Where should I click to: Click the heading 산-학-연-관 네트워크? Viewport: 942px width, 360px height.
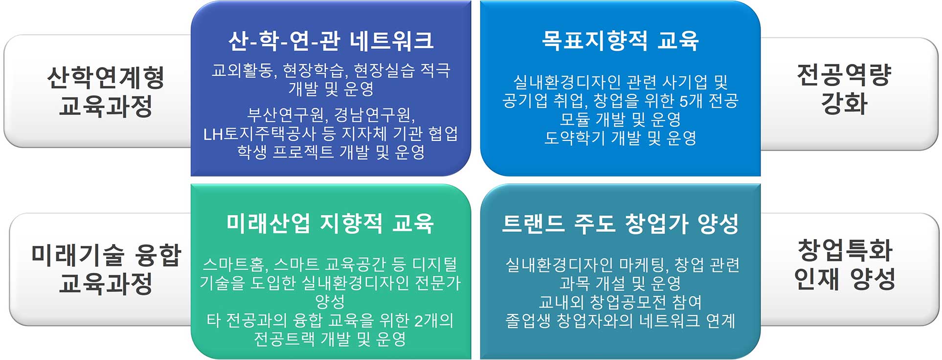tap(331, 41)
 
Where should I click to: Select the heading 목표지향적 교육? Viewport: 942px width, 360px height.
tap(620, 41)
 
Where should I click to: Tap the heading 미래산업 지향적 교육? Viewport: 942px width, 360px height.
tap(330, 224)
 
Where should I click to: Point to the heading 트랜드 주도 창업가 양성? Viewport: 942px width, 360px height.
tap(620, 224)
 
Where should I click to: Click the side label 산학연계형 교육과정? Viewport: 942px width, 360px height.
tap(106, 91)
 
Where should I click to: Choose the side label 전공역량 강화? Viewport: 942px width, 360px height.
tap(844, 89)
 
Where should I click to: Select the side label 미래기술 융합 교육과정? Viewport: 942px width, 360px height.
tap(106, 269)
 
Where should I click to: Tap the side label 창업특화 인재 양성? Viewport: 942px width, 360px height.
tap(844, 264)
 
